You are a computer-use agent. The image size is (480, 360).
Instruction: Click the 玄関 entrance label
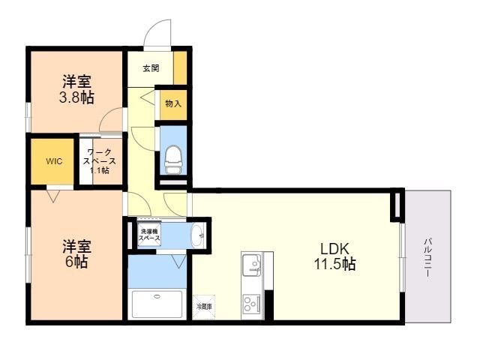click(151, 68)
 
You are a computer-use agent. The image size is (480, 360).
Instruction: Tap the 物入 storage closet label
click(172, 103)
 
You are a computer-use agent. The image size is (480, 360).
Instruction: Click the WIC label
click(54, 161)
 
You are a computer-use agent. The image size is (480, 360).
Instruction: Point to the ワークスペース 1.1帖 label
click(100, 161)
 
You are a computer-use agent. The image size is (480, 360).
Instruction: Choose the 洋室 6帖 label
click(76, 252)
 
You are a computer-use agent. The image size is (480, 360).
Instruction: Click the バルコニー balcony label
click(427, 258)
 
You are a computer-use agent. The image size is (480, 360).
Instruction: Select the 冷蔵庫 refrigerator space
click(204, 306)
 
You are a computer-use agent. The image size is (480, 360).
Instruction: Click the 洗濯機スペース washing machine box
click(149, 235)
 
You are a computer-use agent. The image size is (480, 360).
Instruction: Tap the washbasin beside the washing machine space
click(196, 235)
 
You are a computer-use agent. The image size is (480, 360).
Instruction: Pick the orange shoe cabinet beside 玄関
click(180, 68)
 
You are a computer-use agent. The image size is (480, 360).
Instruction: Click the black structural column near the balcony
click(397, 208)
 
